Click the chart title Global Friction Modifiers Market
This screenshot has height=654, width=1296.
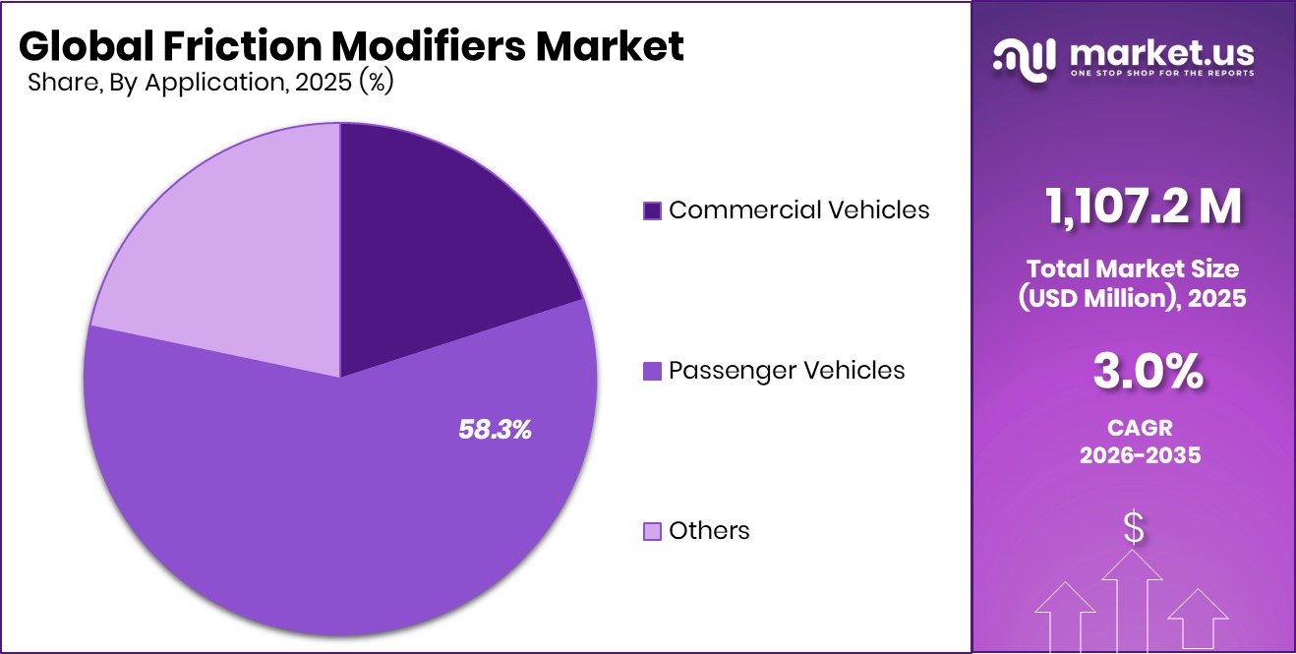coord(350,45)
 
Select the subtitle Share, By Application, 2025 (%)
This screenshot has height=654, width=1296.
coord(210,83)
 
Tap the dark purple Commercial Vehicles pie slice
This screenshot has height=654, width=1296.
coord(442,236)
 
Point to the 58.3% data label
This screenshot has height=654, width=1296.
coord(495,429)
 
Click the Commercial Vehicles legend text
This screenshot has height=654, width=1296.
coord(798,209)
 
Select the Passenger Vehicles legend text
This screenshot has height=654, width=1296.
coord(787,371)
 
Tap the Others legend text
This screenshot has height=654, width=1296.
coord(709,531)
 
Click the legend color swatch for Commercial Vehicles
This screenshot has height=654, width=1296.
coord(652,210)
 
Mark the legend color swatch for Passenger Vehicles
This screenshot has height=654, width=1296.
coord(652,372)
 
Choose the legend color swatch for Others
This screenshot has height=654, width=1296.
coord(652,532)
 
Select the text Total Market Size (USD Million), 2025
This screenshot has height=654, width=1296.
coord(1133,282)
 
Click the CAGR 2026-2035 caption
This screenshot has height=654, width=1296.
coord(1133,442)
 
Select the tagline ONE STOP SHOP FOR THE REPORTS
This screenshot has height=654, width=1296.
coord(1162,74)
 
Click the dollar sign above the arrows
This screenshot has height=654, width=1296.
coord(1134,528)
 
